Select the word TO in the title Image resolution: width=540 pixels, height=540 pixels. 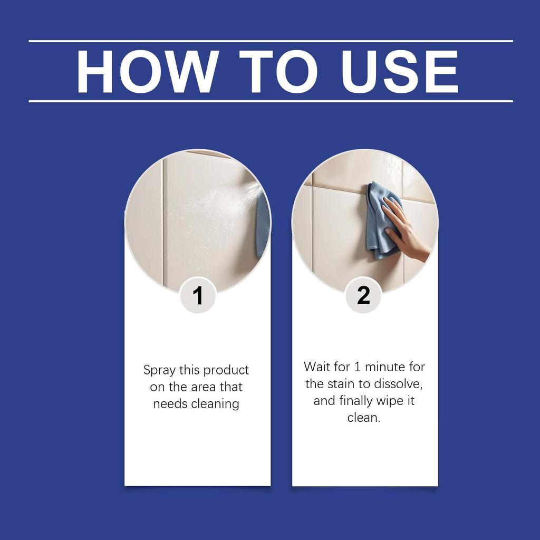click(x=277, y=71)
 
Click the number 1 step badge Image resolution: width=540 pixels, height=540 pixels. click(x=198, y=295)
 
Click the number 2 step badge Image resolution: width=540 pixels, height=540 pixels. click(x=363, y=295)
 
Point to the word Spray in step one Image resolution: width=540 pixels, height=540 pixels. click(x=159, y=371)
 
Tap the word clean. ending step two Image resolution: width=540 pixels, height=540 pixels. click(x=364, y=418)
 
